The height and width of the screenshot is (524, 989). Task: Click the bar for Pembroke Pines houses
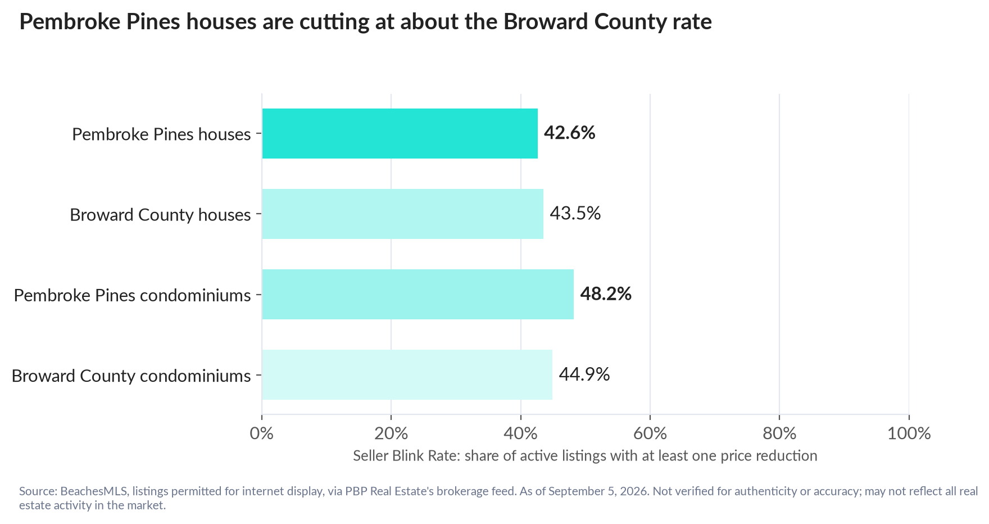click(400, 134)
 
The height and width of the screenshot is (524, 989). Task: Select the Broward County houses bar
click(402, 214)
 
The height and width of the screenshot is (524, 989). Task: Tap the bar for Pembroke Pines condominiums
click(418, 295)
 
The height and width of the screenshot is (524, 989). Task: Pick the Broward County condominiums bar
click(407, 375)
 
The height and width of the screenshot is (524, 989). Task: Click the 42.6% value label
click(569, 133)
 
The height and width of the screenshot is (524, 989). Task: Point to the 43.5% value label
click(575, 214)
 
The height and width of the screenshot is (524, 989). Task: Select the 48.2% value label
click(606, 294)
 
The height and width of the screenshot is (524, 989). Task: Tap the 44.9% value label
click(584, 374)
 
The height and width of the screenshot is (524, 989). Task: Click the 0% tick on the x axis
click(262, 433)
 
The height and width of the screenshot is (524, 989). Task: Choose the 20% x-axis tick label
click(391, 433)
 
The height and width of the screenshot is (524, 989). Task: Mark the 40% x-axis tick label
click(521, 433)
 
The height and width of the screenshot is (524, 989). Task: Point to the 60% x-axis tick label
click(650, 433)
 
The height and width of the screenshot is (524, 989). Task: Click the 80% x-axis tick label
click(779, 433)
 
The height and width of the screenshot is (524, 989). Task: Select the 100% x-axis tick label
click(909, 433)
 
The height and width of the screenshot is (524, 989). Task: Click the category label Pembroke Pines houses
click(161, 134)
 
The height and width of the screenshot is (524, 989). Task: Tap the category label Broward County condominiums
click(131, 376)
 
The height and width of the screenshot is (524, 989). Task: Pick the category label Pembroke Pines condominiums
click(133, 295)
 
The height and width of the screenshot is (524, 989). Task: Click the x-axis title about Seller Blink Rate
click(585, 455)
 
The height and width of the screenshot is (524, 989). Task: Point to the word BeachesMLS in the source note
click(94, 491)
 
